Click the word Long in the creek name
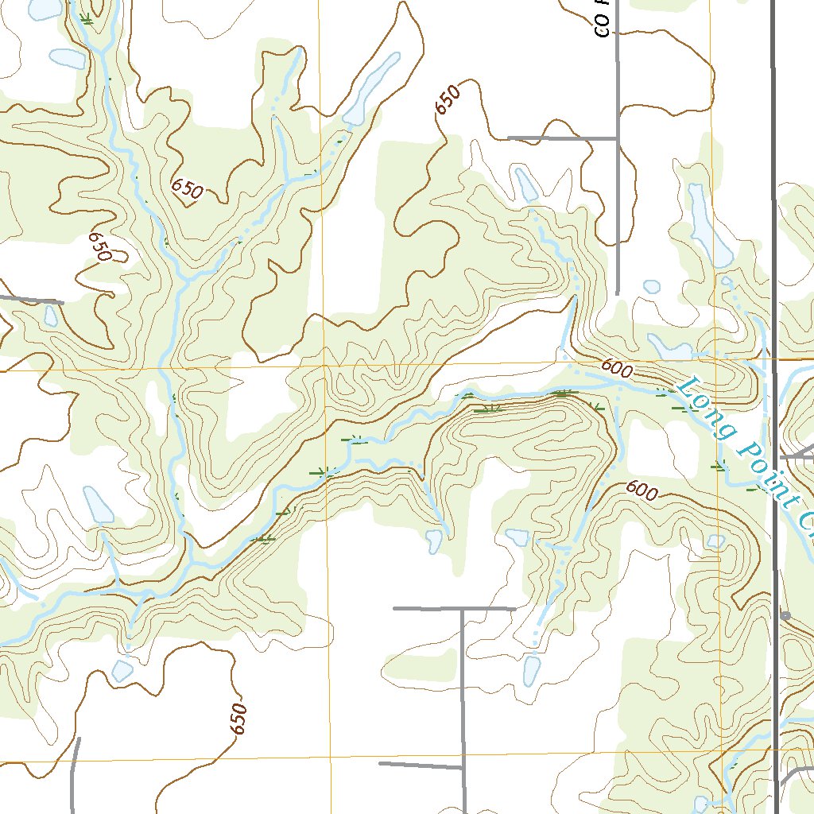(x=706, y=405)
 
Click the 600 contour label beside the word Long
(x=617, y=366)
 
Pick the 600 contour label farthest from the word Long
(x=642, y=490)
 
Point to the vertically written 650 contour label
(x=238, y=719)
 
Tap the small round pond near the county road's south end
(x=652, y=286)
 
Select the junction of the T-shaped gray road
(x=463, y=609)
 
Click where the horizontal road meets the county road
(x=618, y=138)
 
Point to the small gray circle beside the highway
(x=785, y=616)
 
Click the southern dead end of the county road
(x=618, y=293)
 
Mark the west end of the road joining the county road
(x=510, y=138)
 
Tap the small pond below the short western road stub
(x=51, y=316)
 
